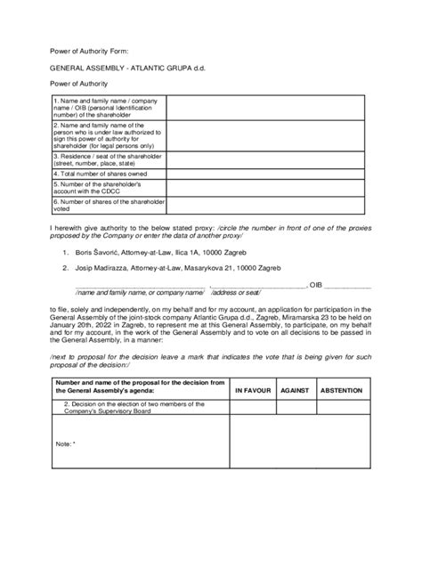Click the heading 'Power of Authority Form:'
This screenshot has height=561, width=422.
(84, 50)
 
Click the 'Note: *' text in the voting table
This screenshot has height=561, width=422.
(66, 443)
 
